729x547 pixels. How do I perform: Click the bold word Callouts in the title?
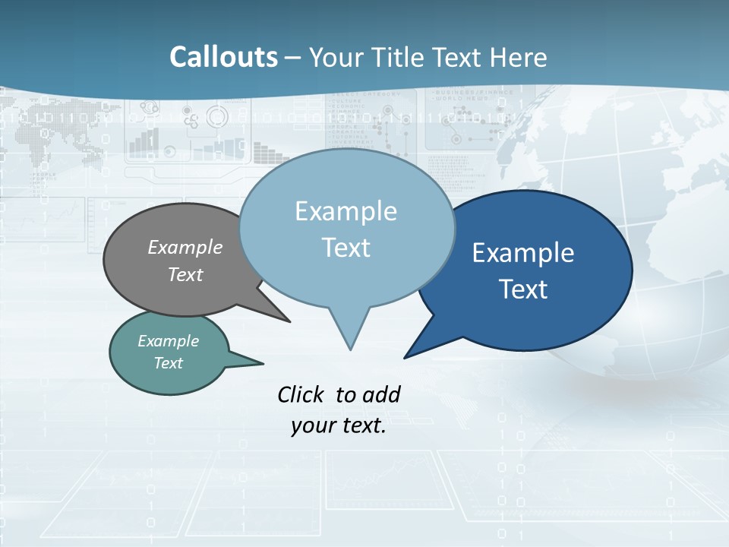pyautogui.click(x=223, y=57)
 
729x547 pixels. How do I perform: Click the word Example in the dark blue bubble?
pyautogui.click(x=523, y=253)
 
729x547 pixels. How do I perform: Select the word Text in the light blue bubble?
pyautogui.click(x=346, y=248)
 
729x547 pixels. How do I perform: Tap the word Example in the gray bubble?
pyautogui.click(x=185, y=248)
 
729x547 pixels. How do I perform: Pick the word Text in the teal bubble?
pyautogui.click(x=169, y=363)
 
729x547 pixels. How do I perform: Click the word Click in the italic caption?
pyautogui.click(x=300, y=394)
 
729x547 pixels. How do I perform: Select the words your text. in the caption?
pyautogui.click(x=339, y=426)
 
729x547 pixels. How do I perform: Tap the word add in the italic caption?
pyautogui.click(x=381, y=394)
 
